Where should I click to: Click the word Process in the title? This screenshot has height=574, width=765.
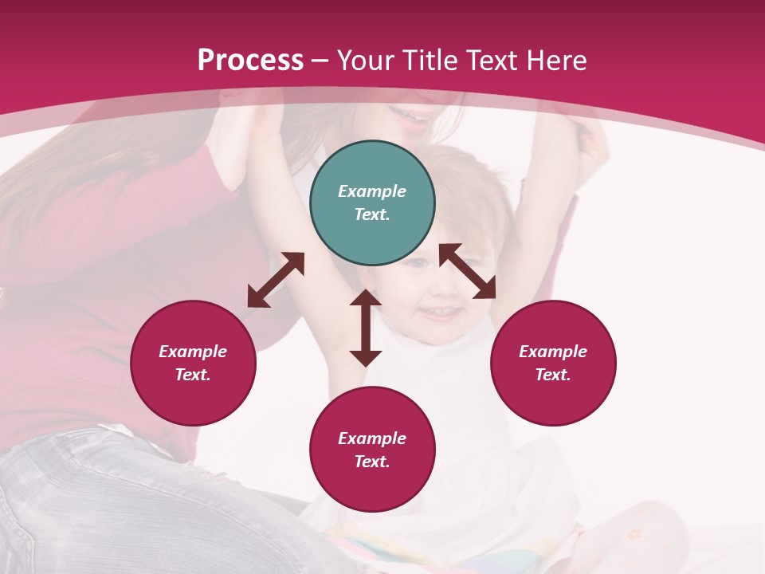(250, 61)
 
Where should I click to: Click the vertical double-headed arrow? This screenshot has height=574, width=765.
(366, 328)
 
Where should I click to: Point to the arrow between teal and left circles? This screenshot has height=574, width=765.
(276, 280)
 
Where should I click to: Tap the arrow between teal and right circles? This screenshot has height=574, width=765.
(468, 271)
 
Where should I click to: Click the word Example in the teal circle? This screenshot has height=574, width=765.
(372, 191)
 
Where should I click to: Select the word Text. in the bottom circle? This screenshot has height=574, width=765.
(372, 462)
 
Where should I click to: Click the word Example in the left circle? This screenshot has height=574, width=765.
(193, 352)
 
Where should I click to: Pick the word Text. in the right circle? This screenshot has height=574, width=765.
(553, 375)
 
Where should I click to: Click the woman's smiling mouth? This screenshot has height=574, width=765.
(414, 116)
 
